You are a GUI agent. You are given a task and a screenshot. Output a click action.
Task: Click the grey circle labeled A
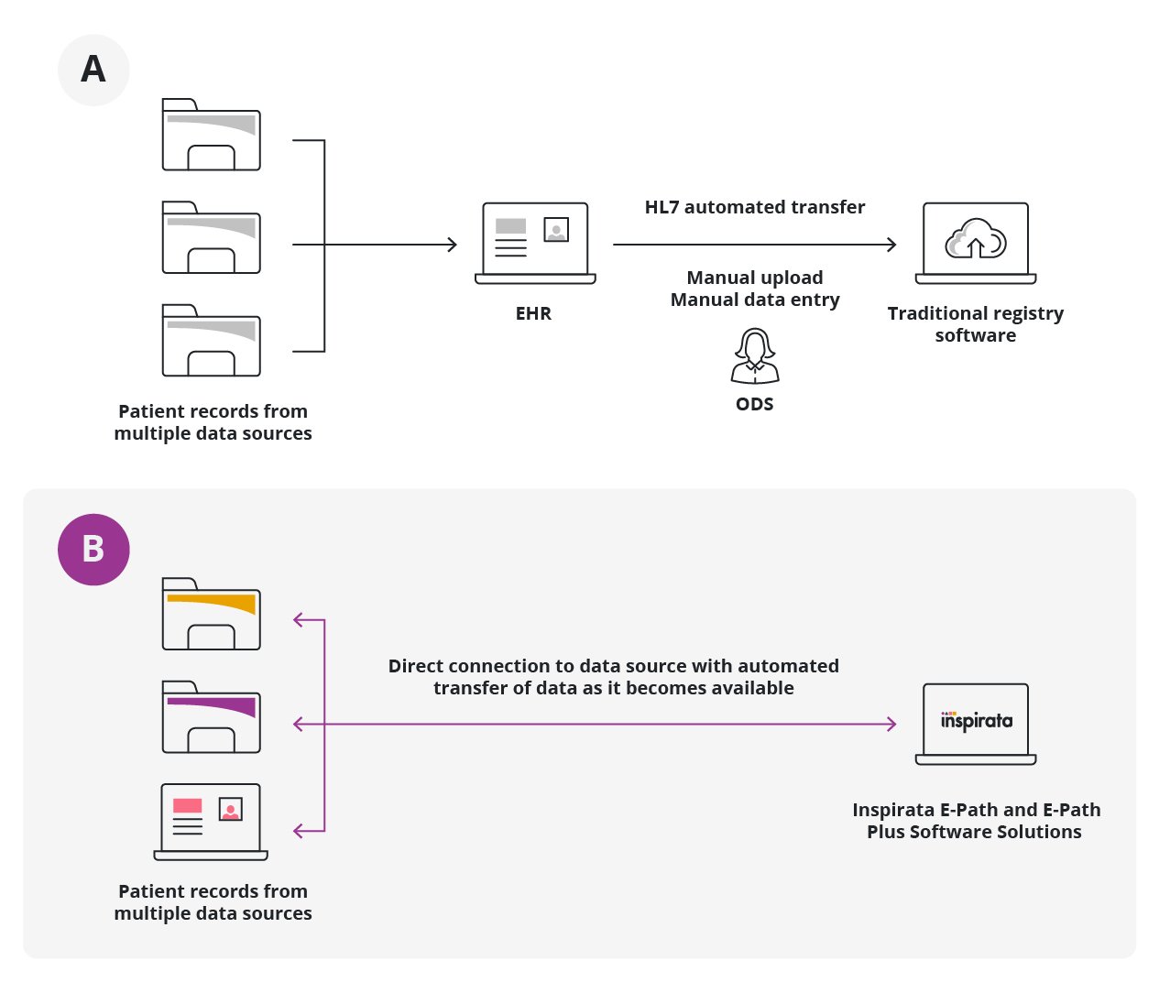pos(93,71)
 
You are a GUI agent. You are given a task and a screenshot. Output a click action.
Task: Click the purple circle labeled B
pos(93,550)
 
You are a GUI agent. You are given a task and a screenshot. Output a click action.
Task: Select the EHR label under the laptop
pos(533,313)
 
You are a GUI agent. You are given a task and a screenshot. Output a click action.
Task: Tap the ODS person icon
pos(755,356)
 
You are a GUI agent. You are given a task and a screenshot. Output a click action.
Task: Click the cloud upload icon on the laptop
pos(976,239)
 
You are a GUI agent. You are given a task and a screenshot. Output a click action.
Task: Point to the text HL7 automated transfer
pos(754,207)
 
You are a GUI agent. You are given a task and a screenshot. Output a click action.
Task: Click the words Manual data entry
pos(754,300)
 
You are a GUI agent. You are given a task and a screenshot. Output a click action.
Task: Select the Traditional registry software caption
pos(975,324)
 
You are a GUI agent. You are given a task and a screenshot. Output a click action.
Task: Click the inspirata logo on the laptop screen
pos(976,721)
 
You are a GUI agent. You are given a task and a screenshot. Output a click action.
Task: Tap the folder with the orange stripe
pos(212,615)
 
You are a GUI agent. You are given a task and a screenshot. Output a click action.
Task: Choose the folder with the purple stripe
pos(212,717)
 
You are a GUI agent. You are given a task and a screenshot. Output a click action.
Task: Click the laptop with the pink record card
pos(211,821)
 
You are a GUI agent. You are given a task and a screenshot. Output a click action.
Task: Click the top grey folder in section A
pos(212,136)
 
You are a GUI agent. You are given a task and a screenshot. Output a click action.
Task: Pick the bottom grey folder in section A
pos(212,342)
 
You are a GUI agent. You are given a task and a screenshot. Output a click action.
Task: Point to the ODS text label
pos(754,404)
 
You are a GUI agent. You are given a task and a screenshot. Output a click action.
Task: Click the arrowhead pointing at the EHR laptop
pos(452,245)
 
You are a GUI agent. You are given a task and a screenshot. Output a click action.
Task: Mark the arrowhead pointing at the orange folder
pos(298,620)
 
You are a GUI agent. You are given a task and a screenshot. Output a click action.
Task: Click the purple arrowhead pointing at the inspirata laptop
pos(891,724)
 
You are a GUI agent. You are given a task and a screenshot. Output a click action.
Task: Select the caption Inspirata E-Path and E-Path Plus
pos(976,821)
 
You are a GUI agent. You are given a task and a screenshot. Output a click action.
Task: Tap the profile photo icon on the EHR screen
pos(556,229)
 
